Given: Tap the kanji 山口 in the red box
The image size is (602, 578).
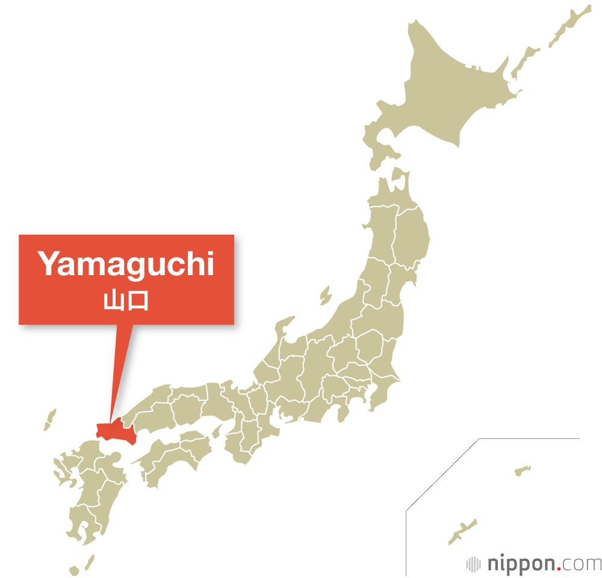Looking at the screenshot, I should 126,300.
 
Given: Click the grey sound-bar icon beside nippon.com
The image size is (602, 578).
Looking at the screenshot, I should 474,564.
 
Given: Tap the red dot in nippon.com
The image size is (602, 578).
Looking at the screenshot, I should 562,569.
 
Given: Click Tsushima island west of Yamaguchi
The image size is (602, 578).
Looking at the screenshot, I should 50,420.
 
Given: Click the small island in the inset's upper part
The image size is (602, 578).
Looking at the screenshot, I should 522,470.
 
